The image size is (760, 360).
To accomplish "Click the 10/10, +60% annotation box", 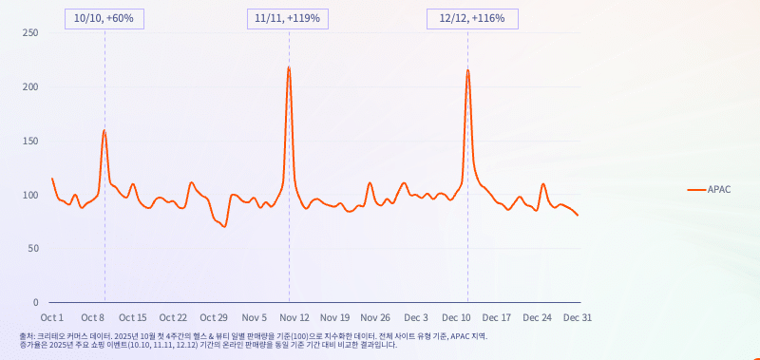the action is (104, 19).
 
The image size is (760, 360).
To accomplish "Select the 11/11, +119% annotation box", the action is (288, 19).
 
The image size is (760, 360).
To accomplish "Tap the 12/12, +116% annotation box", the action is (472, 19).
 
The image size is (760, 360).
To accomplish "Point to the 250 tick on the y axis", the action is (30, 33).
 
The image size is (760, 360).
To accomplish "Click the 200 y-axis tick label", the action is (30, 87).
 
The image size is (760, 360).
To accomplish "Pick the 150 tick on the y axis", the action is (30, 141).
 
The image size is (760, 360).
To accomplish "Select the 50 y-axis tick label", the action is (33, 249).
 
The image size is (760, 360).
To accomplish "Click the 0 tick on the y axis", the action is (35, 302).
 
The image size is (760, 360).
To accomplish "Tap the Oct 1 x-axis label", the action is (52, 318).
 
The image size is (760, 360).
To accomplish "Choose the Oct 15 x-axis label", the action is (133, 318).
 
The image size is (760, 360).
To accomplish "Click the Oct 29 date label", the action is (214, 318).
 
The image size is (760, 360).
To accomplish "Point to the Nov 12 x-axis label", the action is (295, 318).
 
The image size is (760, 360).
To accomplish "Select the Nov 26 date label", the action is (375, 318).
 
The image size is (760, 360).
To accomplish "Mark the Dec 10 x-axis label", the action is (457, 318).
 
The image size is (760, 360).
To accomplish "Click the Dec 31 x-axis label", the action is (578, 318).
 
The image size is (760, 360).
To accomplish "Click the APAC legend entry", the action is (709, 189).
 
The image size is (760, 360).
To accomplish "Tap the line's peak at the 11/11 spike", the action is (289, 66).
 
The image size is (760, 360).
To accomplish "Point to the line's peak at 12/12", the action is (467, 70).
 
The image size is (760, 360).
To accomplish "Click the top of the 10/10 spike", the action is (104, 130).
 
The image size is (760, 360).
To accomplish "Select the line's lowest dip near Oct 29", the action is (224, 226).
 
